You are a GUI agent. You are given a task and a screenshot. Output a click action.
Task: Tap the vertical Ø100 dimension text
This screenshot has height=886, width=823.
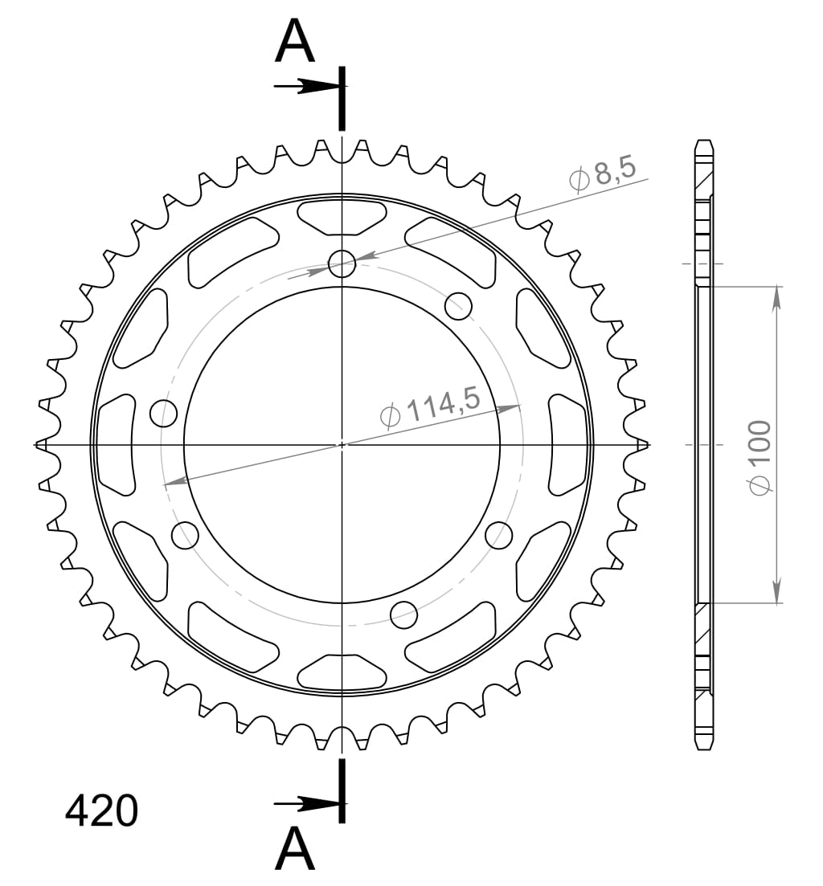[x=760, y=456]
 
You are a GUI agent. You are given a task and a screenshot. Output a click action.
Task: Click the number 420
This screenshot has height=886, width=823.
[x=101, y=812]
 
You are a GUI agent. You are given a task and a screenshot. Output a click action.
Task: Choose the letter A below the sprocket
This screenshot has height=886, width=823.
[x=295, y=849]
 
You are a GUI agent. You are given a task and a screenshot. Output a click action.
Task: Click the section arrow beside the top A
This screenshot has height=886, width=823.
[x=305, y=86]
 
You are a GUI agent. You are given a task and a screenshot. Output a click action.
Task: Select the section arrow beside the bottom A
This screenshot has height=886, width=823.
[x=305, y=802]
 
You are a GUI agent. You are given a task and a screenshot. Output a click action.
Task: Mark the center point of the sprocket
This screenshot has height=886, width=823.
[x=342, y=443]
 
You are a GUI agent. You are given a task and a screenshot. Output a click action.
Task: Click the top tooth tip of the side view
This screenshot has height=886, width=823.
[x=703, y=143]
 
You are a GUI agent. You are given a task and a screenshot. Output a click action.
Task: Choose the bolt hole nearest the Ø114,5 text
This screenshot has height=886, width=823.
[x=458, y=304]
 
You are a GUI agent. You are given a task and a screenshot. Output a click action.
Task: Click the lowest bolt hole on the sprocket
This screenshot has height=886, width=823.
[x=404, y=614]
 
